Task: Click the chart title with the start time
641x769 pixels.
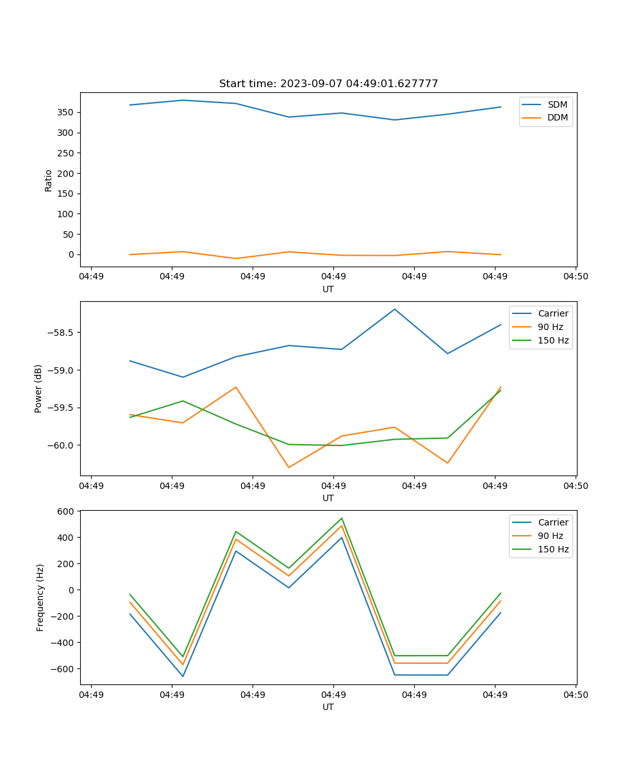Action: click(328, 84)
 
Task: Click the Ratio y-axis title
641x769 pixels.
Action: click(49, 180)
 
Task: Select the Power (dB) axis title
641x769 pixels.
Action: click(38, 388)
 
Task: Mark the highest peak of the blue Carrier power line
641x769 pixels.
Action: click(395, 309)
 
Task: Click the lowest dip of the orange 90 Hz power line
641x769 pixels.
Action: click(288, 467)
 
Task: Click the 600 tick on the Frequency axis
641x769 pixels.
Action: click(67, 511)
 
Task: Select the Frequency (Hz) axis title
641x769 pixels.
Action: click(40, 597)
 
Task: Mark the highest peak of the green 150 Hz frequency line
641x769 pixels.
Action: click(342, 518)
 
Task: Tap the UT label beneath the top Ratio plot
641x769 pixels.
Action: click(328, 289)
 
